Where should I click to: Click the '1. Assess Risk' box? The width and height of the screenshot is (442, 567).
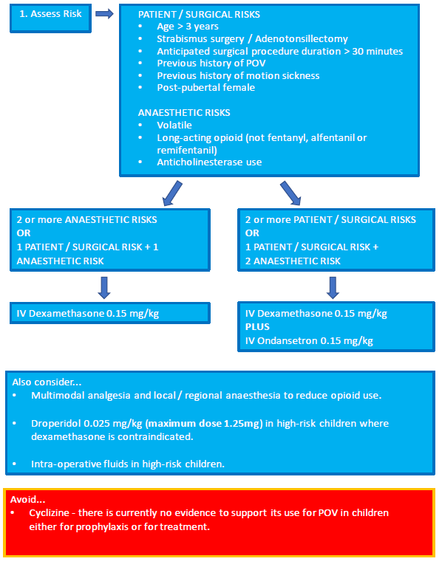[50, 18]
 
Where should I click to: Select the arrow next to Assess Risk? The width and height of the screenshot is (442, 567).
[104, 14]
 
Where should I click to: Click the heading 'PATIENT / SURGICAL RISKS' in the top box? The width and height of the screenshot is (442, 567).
[199, 15]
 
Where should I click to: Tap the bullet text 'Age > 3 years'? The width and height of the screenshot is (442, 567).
[188, 27]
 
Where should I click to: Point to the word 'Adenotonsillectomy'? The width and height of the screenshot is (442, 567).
[302, 38]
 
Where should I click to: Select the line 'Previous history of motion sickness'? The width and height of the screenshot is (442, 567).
[238, 75]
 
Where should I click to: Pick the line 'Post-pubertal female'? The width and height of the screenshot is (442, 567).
[205, 88]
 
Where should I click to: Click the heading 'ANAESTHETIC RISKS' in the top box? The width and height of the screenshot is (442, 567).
[184, 112]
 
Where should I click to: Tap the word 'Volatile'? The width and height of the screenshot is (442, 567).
[174, 125]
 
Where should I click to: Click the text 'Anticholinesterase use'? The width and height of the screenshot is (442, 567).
[209, 162]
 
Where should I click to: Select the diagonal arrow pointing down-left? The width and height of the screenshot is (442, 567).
[172, 193]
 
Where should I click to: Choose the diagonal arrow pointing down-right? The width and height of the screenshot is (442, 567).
[290, 193]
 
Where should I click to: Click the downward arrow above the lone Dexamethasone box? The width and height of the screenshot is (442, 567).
[104, 288]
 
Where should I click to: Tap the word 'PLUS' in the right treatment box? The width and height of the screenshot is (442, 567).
[257, 327]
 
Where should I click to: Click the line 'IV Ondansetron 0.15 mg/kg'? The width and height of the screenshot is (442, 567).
[309, 340]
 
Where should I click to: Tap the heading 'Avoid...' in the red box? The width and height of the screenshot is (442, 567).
[28, 499]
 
